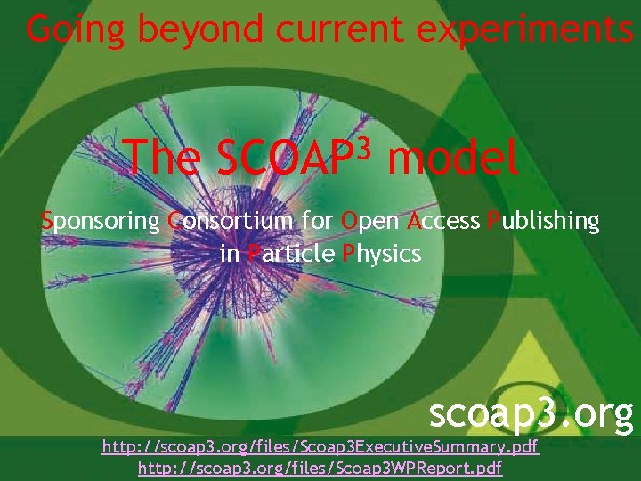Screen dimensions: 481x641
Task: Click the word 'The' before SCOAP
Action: (163, 159)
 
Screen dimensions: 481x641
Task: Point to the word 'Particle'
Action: (291, 254)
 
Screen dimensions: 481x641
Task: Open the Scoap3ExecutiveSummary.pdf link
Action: (320, 446)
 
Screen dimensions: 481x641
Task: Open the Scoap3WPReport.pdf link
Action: (320, 468)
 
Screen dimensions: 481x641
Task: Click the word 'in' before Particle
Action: (229, 254)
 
